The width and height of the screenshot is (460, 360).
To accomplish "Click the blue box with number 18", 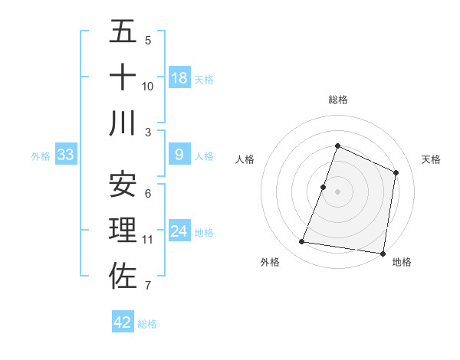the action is pyautogui.click(x=179, y=78).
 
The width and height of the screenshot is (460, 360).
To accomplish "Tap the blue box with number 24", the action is pyautogui.click(x=179, y=231).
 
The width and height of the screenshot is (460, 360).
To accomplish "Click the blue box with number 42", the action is pyautogui.click(x=123, y=322).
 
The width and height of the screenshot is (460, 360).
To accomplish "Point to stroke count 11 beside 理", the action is pyautogui.click(x=147, y=240).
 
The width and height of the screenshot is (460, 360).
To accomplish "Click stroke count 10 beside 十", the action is pyautogui.click(x=147, y=87).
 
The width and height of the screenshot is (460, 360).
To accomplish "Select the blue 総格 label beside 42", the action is pyautogui.click(x=147, y=324).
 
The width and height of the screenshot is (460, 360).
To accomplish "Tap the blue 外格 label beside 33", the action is pyautogui.click(x=41, y=156).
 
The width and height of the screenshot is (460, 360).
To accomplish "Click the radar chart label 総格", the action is pyautogui.click(x=337, y=100).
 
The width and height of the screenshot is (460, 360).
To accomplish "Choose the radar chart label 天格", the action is pyautogui.click(x=431, y=159).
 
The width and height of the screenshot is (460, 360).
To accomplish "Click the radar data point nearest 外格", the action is pyautogui.click(x=302, y=242).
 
